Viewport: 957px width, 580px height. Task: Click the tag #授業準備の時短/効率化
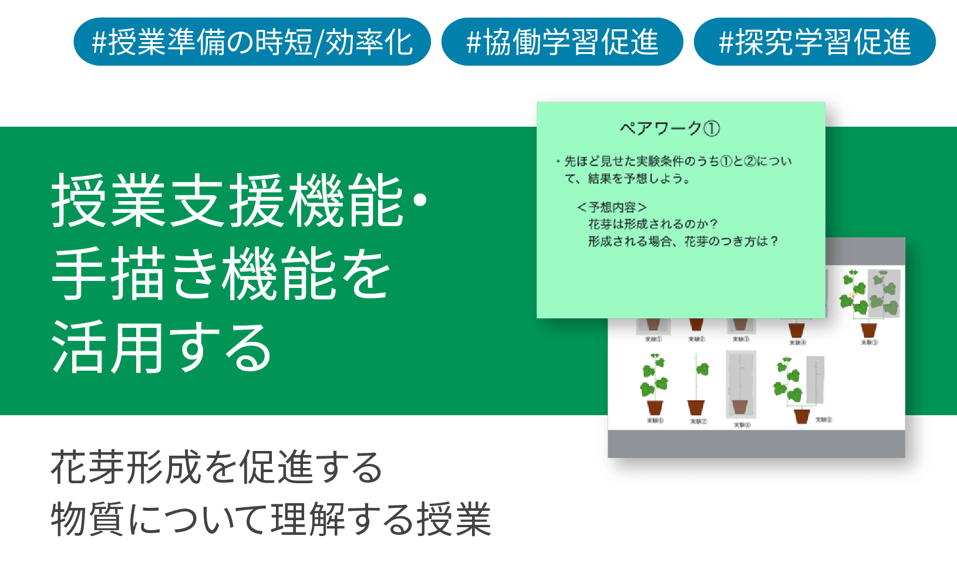click(x=252, y=42)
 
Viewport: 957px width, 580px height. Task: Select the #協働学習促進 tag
click(x=562, y=42)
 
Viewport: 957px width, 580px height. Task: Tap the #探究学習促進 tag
click(x=814, y=42)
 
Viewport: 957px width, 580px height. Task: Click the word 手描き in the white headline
click(x=135, y=273)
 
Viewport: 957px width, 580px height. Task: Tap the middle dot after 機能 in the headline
click(x=420, y=201)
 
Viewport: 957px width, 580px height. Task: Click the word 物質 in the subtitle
click(x=87, y=519)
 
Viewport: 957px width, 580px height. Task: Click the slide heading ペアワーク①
click(x=670, y=128)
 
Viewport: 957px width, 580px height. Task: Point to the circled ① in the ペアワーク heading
click(x=711, y=128)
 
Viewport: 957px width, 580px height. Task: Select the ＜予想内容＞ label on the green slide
click(x=612, y=207)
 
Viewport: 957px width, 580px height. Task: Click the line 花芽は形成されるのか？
click(x=652, y=224)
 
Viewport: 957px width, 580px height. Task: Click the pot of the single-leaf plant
click(x=696, y=408)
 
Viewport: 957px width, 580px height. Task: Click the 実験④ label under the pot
click(x=797, y=342)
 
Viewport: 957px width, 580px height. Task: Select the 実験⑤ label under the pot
click(x=870, y=342)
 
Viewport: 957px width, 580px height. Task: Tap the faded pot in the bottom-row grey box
click(x=740, y=406)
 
